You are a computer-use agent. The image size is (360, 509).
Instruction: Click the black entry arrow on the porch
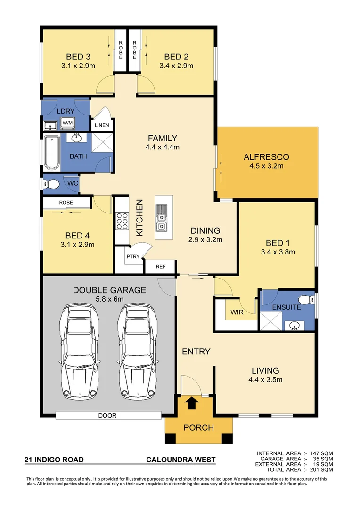click(192, 403)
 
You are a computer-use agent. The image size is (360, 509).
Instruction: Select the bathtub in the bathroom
click(51, 153)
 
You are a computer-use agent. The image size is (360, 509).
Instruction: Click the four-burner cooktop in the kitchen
click(123, 221)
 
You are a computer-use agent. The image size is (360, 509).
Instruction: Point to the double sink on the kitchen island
click(162, 218)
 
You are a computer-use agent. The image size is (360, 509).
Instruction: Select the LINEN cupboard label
click(102, 125)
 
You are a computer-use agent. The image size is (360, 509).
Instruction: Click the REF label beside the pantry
click(161, 267)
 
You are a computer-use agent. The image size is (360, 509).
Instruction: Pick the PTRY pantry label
click(131, 257)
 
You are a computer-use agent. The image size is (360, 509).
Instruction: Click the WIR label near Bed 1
click(237, 312)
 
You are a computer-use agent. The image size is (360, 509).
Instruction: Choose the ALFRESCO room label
click(266, 157)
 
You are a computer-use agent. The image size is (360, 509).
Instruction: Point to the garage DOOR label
click(107, 416)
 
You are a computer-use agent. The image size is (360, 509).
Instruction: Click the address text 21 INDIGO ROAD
click(54, 460)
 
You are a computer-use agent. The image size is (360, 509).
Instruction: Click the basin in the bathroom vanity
click(76, 138)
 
